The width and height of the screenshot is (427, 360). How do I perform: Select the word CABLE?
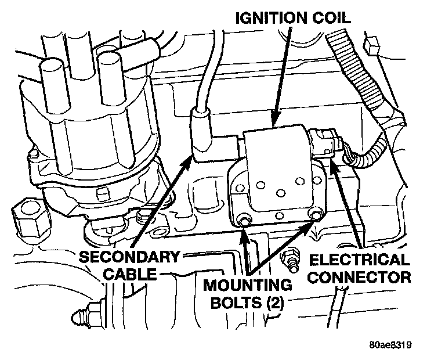click(131, 274)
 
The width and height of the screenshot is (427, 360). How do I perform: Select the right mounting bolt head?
click(316, 216)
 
